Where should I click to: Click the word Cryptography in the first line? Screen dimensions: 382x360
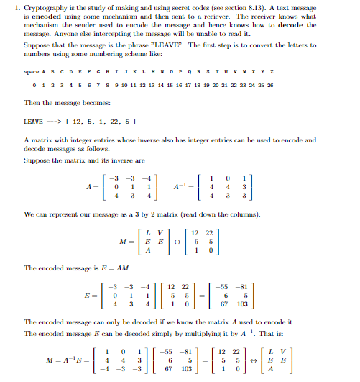pyautogui.click(x=37, y=6)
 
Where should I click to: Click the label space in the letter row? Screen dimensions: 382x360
pyautogui.click(x=31, y=73)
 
